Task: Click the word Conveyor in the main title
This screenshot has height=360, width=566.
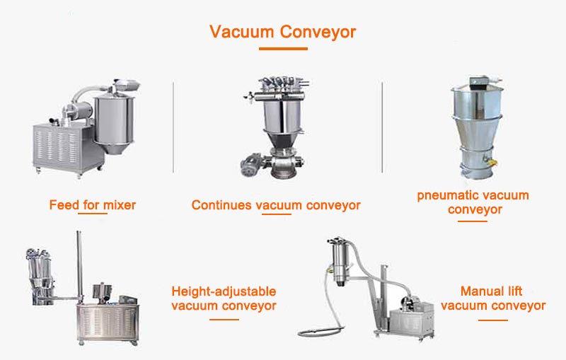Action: [x=318, y=32]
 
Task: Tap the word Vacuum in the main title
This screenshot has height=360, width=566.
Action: [x=242, y=32]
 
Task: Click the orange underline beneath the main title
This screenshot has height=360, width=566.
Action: [x=284, y=49]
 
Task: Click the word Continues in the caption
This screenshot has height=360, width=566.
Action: [x=221, y=205]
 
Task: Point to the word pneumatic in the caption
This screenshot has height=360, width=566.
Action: [x=444, y=195]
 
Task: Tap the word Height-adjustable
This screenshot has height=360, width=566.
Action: [x=224, y=291]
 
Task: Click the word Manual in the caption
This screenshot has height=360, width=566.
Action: [x=477, y=291]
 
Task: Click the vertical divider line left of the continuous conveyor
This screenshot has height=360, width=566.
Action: [x=173, y=127]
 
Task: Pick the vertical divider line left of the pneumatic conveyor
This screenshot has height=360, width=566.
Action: [x=382, y=127]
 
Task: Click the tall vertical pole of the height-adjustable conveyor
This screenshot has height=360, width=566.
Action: [x=79, y=267]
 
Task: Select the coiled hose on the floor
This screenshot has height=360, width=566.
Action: [x=321, y=331]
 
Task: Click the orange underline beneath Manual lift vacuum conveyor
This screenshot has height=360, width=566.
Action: [x=492, y=320]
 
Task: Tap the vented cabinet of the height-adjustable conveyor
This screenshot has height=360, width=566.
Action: [x=108, y=323]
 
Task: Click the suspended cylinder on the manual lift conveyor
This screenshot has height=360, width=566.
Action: [x=340, y=262]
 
